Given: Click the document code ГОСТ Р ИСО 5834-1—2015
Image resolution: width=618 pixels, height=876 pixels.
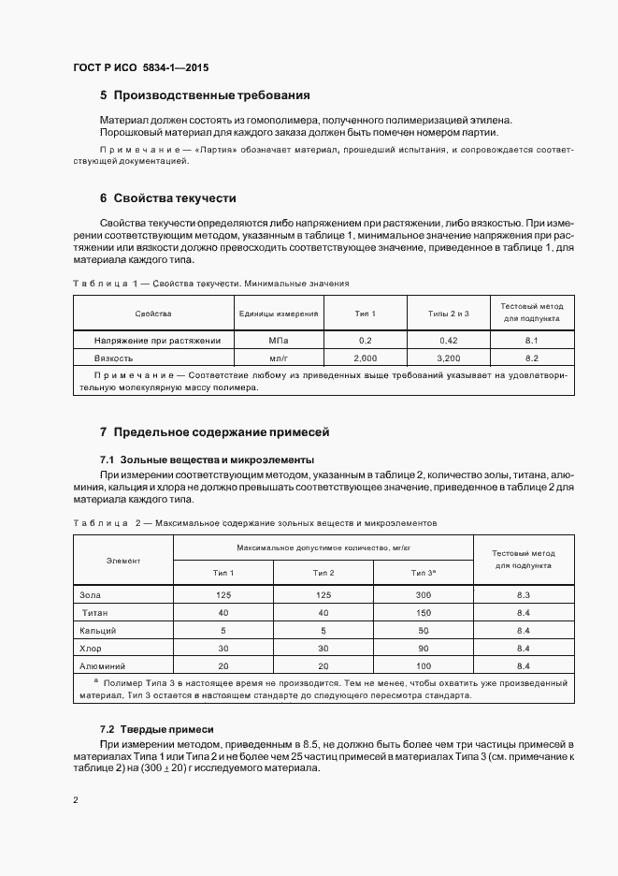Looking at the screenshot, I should tap(140, 66).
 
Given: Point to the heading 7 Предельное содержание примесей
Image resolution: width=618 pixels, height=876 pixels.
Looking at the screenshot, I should tap(215, 432).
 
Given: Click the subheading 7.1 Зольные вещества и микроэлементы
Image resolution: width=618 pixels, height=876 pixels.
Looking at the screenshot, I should tap(207, 460).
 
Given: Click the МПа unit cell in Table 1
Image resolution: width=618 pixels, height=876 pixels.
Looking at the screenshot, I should tap(279, 340).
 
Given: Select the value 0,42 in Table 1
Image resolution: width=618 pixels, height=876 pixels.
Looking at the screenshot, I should tap(448, 340).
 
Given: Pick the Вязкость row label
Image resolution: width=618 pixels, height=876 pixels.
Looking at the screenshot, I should tap(113, 358).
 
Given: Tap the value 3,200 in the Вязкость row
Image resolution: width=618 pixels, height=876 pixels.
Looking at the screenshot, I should tap(448, 358).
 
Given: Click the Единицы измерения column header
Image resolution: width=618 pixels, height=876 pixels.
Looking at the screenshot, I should tap(279, 314).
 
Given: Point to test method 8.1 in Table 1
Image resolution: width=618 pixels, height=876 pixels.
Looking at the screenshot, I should tap(532, 340).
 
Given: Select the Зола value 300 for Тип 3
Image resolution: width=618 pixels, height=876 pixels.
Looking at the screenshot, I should tap(423, 595).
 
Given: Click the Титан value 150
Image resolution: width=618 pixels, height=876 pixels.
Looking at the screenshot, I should tap(423, 613).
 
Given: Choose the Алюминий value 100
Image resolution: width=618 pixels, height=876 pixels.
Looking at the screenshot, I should tap(423, 665).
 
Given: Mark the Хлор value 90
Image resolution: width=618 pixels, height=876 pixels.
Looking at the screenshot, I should tap(423, 648).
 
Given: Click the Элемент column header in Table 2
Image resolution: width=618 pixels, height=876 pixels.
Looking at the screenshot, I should tap(123, 560).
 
